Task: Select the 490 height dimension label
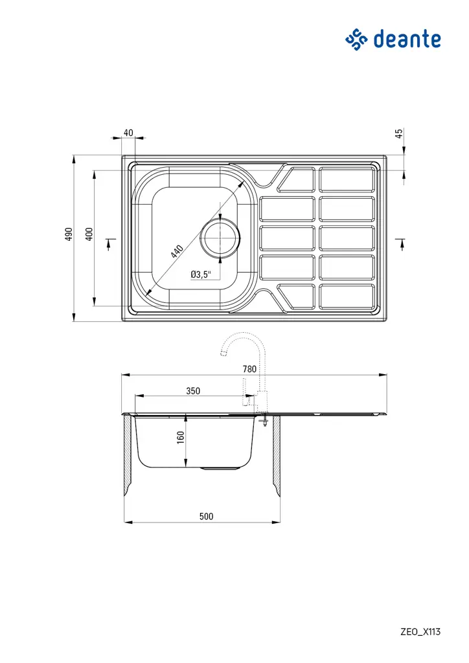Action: pos(68,234)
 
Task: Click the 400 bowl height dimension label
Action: pos(89,234)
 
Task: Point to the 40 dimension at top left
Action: pos(128,133)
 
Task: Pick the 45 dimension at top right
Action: pos(399,133)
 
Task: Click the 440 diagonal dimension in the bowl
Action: pos(177,251)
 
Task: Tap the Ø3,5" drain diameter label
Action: pos(201,275)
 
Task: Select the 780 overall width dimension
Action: pos(249,368)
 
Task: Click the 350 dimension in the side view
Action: pos(193,390)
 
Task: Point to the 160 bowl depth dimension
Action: pos(181,437)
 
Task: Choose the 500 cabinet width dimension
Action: pos(206,516)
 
